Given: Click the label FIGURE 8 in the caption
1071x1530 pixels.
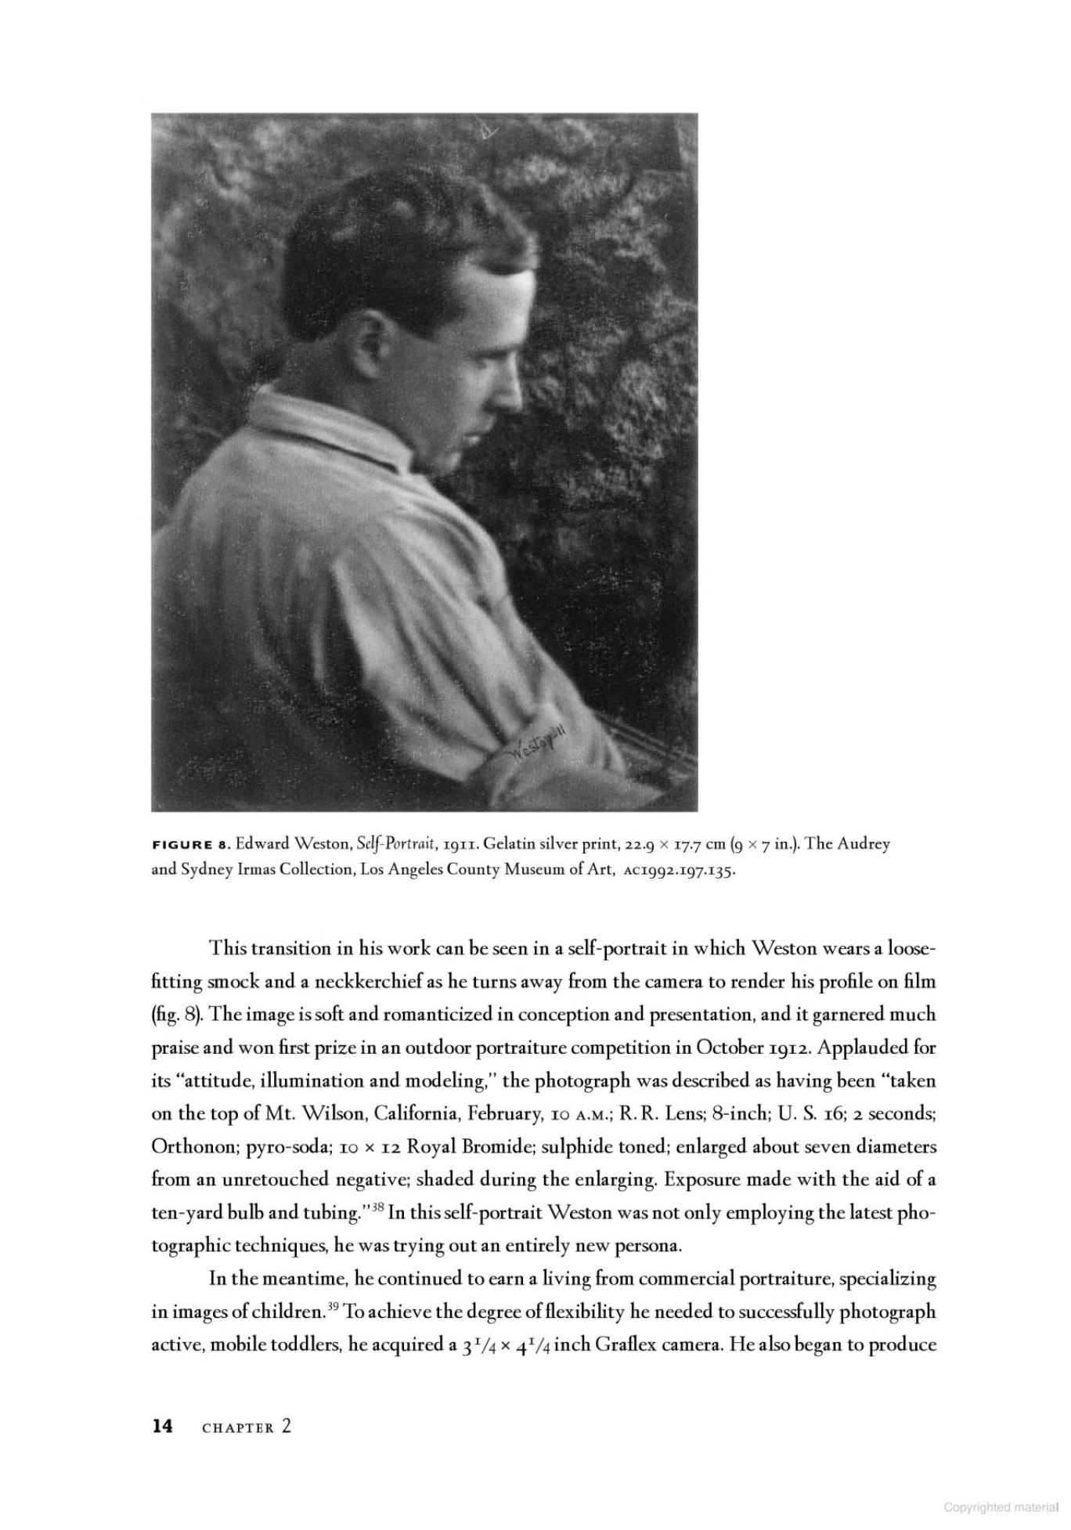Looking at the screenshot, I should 189,845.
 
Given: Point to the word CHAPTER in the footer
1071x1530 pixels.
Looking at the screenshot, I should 238,1427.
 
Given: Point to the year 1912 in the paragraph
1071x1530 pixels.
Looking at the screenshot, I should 908,1047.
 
